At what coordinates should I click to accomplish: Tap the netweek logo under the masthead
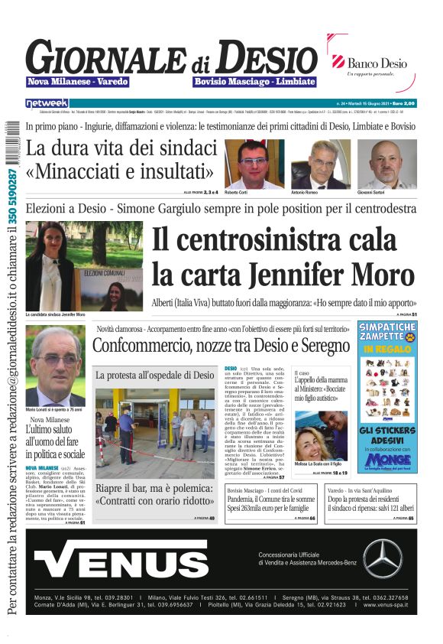point(47,102)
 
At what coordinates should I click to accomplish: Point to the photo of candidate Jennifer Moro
point(84,265)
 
